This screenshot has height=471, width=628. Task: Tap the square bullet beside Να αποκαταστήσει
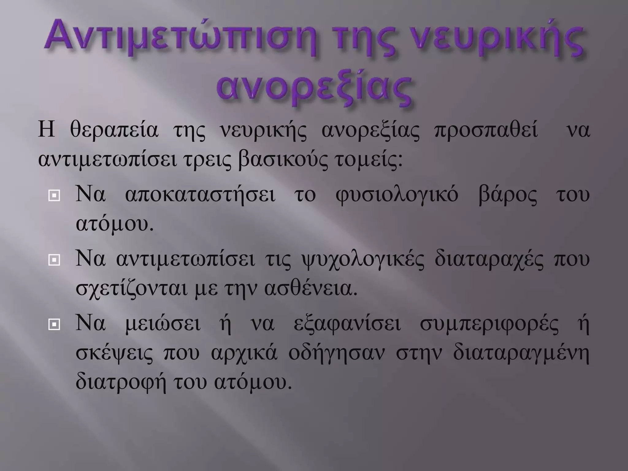54,196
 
